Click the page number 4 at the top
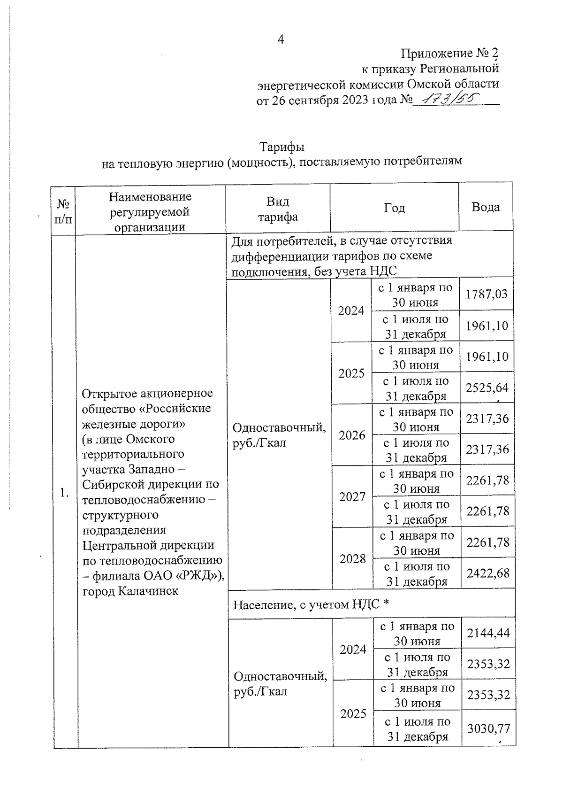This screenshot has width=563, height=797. tap(281, 39)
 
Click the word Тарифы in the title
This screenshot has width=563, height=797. tap(282, 147)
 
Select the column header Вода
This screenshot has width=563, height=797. tap(486, 207)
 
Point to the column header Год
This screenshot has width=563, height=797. tap(394, 208)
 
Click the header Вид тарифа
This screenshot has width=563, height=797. tap(278, 209)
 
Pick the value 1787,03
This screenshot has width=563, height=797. tap(487, 294)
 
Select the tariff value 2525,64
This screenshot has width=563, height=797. tap(487, 387)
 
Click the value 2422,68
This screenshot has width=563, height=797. tap(488, 573)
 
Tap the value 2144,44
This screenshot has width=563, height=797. tap(488, 633)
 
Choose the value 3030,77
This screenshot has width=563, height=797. tap(488, 728)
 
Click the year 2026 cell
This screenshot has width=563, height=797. tap(352, 435)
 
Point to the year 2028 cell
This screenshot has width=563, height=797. tap(353, 558)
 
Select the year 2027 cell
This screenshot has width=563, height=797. tap(352, 497)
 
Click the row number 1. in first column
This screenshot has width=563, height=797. tap(64, 493)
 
